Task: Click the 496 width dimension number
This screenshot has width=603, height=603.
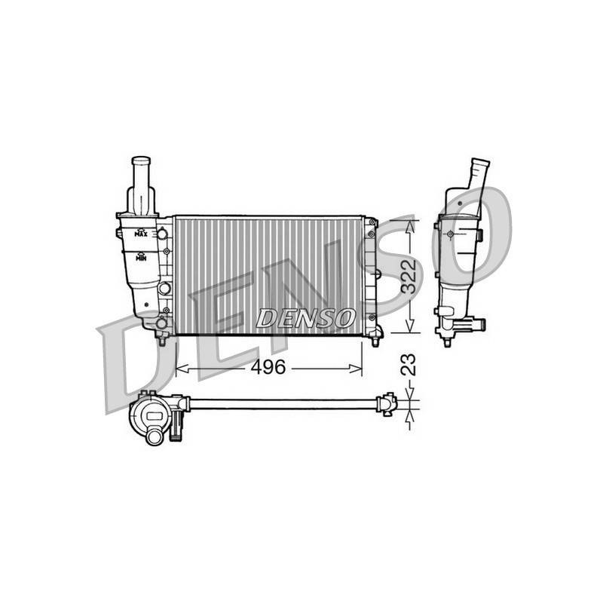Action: tap(268, 367)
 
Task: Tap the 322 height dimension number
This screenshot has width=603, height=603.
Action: tap(409, 276)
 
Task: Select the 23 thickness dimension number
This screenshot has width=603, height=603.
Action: tap(409, 364)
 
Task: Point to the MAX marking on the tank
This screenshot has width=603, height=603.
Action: tap(141, 234)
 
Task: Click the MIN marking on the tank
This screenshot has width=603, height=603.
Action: tap(141, 257)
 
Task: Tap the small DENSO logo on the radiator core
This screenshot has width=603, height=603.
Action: tap(306, 318)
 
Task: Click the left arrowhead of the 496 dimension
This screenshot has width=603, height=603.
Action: tap(182, 369)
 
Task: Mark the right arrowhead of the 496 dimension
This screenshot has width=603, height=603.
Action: tap(356, 369)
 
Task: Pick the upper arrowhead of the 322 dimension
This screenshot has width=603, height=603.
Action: tap(410, 228)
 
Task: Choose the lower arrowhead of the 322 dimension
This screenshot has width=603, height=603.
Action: tap(410, 326)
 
